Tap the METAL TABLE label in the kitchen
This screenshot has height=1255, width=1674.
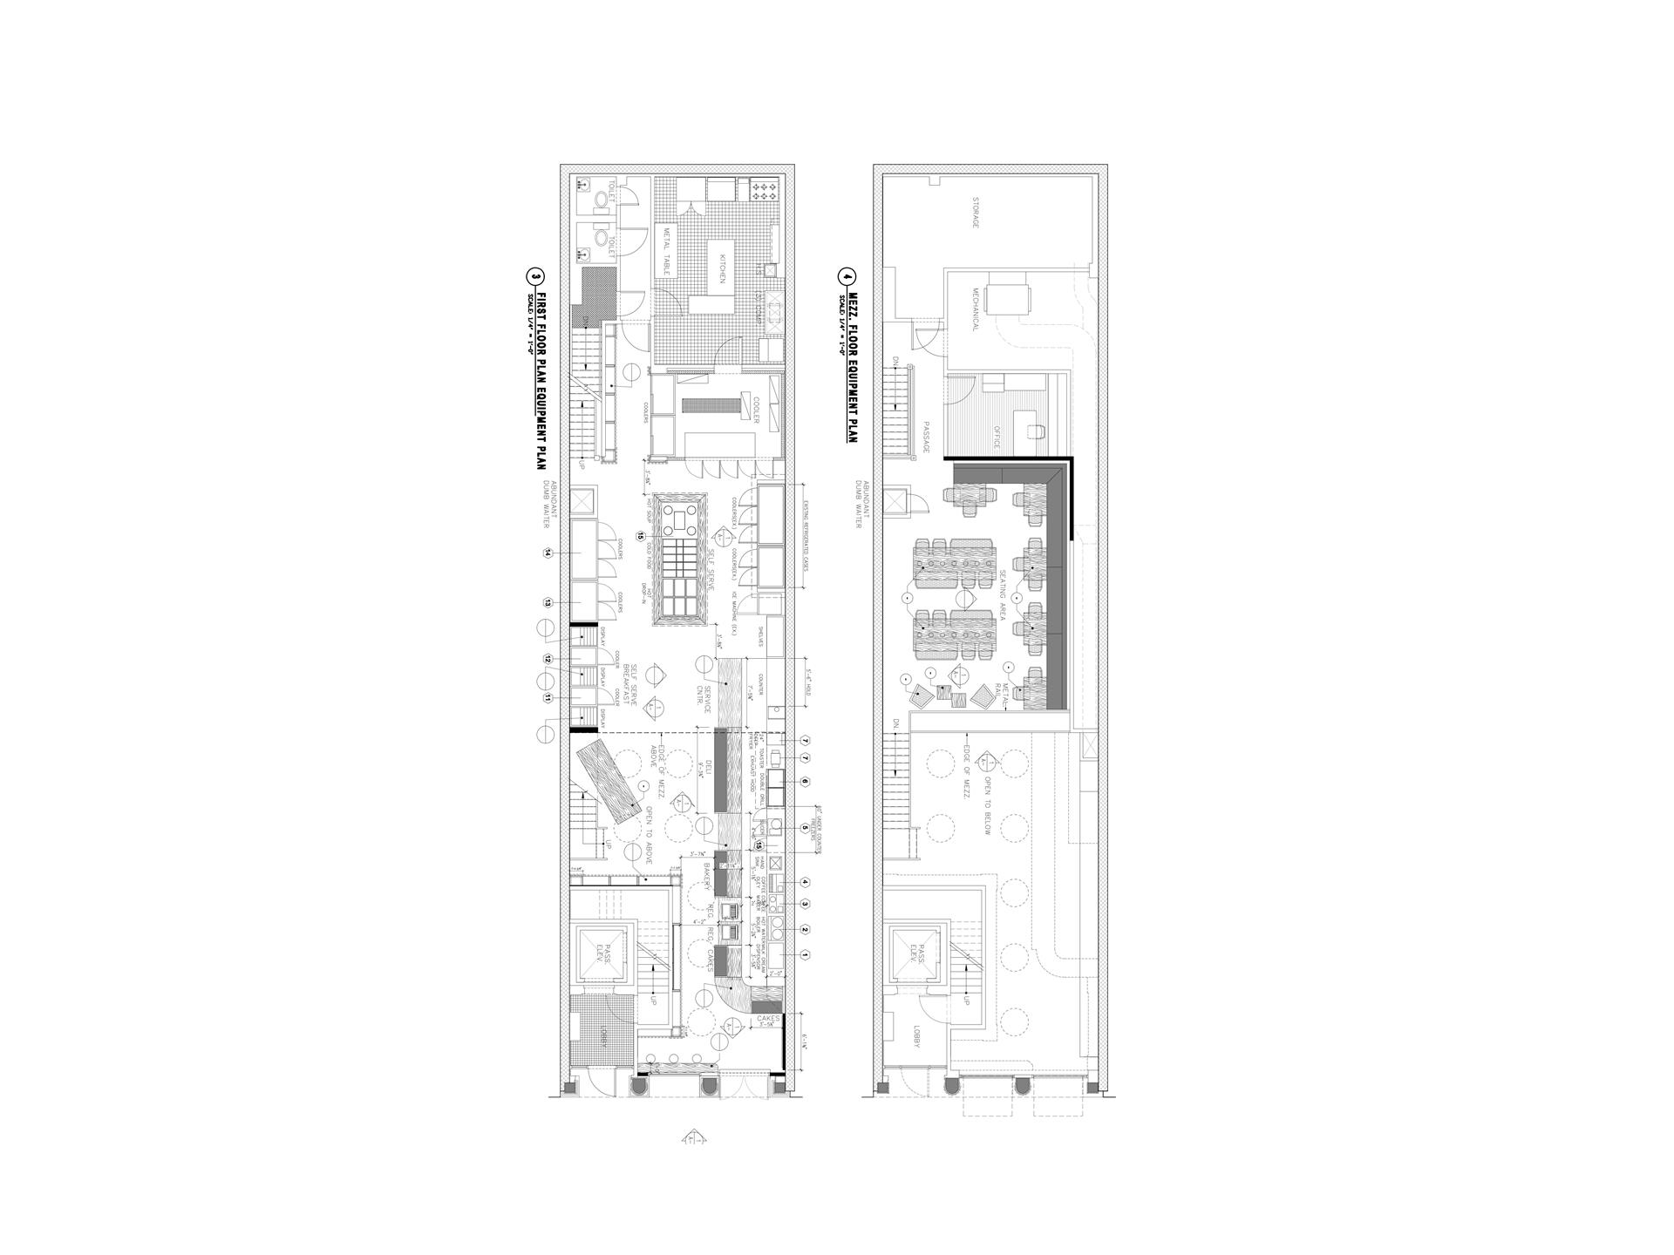[x=667, y=252]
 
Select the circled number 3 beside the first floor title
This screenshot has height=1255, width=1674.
[x=534, y=276]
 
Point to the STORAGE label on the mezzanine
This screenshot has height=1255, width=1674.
[x=976, y=212]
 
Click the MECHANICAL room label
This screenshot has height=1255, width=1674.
[x=975, y=310]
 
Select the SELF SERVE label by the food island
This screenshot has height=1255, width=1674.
[x=711, y=571]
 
